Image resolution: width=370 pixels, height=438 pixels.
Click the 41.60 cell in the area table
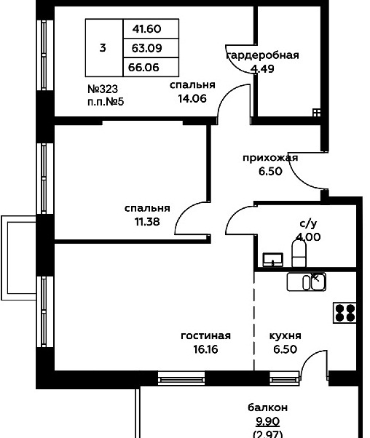pyautogui.click(x=147, y=29)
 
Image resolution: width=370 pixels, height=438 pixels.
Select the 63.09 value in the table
pyautogui.click(x=147, y=48)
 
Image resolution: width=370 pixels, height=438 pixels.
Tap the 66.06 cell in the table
pyautogui.click(x=143, y=68)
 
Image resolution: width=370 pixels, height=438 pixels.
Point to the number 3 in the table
pyautogui.click(x=103, y=48)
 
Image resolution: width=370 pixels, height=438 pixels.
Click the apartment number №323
pyautogui.click(x=103, y=89)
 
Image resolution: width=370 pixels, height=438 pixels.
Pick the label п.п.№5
pyautogui.click(x=106, y=102)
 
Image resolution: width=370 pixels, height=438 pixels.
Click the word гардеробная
pyautogui.click(x=262, y=55)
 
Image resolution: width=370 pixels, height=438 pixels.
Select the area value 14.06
pyautogui.click(x=192, y=98)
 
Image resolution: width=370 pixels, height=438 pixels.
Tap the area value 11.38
pyautogui.click(x=147, y=222)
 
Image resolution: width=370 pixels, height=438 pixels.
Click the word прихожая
pyautogui.click(x=270, y=158)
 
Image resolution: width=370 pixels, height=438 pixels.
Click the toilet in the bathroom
pyautogui.click(x=299, y=253)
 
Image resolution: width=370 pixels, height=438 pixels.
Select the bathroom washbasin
pyautogui.click(x=273, y=260)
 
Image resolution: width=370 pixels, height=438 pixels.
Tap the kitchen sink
pyautogui.click(x=307, y=282)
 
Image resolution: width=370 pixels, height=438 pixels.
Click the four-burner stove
pyautogui.click(x=345, y=313)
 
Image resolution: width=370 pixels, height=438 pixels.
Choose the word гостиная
pyautogui.click(x=206, y=335)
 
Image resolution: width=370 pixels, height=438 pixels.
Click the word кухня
pyautogui.click(x=286, y=335)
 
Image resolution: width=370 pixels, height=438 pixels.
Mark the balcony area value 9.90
pyautogui.click(x=267, y=421)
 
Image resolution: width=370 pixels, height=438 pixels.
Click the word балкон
pyautogui.click(x=267, y=407)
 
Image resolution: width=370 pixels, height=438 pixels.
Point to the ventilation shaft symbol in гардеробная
pyautogui.click(x=317, y=113)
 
